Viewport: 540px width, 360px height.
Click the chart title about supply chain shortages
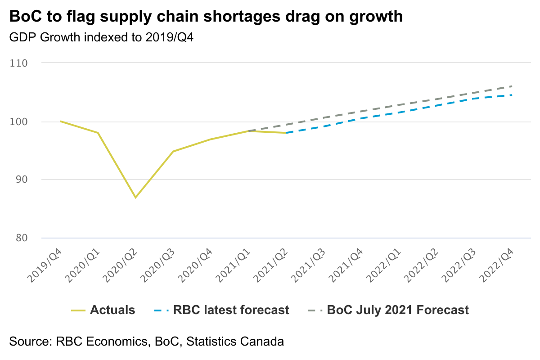coord(206,17)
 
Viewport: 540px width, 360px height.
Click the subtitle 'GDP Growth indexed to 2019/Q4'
coord(101,38)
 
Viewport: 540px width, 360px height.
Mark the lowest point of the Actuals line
coord(135,198)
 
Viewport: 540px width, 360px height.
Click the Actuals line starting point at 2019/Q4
coord(60,121)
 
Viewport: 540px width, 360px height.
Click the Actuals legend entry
coord(112,310)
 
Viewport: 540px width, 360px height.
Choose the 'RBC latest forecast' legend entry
coord(231,310)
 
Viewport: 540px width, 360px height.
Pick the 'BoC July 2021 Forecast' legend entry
coord(398,310)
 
